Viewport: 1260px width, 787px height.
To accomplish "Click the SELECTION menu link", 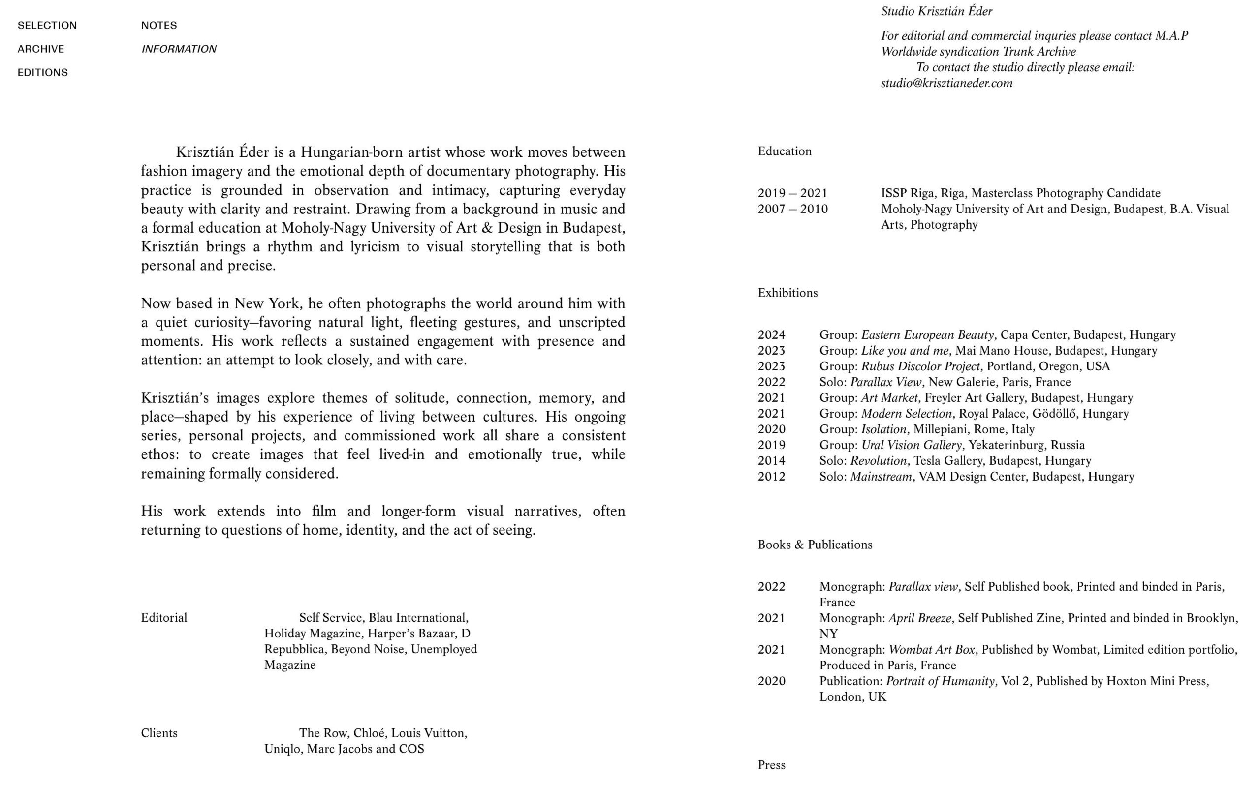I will (x=47, y=26).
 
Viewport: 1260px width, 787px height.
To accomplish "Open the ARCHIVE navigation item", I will (x=41, y=49).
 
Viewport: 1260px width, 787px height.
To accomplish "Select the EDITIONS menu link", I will (x=43, y=72).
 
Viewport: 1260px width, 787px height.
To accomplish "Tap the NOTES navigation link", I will (x=159, y=26).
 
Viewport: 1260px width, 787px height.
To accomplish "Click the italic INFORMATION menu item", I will (x=179, y=49).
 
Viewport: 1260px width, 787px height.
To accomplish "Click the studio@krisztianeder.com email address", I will (x=946, y=83).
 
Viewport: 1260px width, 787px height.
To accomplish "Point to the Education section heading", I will (x=784, y=151).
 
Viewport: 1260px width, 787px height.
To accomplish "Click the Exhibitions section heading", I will (x=787, y=293).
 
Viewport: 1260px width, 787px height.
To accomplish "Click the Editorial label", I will (x=163, y=618).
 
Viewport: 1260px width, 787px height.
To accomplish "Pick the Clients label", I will (x=159, y=733).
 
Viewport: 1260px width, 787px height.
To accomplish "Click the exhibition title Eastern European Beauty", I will (x=927, y=335).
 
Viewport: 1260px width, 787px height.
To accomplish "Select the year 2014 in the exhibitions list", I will (x=771, y=461).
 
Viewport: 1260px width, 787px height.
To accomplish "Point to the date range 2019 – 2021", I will (x=792, y=194).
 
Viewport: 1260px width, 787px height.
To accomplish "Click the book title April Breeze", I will (x=919, y=618).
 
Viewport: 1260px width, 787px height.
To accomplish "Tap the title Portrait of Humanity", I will (x=940, y=681).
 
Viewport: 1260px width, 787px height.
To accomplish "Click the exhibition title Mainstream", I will (x=881, y=477).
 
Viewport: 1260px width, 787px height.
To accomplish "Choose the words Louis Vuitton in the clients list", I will (x=429, y=733).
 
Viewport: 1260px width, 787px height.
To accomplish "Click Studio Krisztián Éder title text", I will (x=936, y=11).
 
